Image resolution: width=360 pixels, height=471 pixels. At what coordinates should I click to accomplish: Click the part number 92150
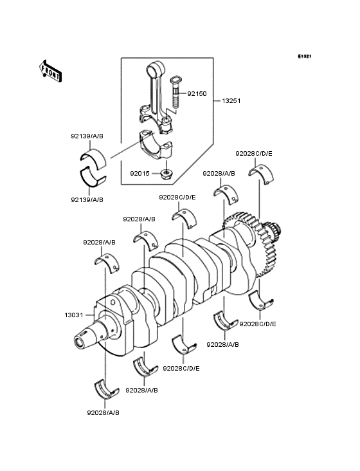tap(197, 94)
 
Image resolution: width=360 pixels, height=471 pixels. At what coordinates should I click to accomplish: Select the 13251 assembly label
tap(231, 101)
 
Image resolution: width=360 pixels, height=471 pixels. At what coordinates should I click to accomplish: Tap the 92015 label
tap(139, 174)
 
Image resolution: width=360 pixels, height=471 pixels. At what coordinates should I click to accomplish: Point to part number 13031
tap(74, 315)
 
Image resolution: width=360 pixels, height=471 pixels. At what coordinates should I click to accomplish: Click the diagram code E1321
tap(305, 56)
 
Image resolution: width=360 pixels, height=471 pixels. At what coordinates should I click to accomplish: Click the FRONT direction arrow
tap(50, 71)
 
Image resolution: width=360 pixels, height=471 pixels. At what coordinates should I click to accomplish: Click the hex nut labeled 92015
tap(165, 174)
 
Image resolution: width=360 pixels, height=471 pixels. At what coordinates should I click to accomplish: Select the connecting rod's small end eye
tap(156, 69)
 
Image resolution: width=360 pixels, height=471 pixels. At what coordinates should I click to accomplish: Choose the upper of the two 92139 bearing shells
tap(94, 158)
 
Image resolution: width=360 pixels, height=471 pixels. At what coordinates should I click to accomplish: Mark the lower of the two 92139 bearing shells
tap(93, 178)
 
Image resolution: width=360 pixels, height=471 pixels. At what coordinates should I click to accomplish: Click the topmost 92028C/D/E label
tap(254, 154)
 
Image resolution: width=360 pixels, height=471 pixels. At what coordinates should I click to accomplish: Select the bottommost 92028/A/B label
tap(104, 413)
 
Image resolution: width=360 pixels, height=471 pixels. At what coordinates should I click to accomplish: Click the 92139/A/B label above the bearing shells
tap(87, 136)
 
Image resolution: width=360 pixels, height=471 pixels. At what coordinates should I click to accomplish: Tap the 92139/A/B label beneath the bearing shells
tap(87, 199)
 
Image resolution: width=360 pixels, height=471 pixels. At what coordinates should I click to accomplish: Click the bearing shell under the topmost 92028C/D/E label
tap(262, 174)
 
